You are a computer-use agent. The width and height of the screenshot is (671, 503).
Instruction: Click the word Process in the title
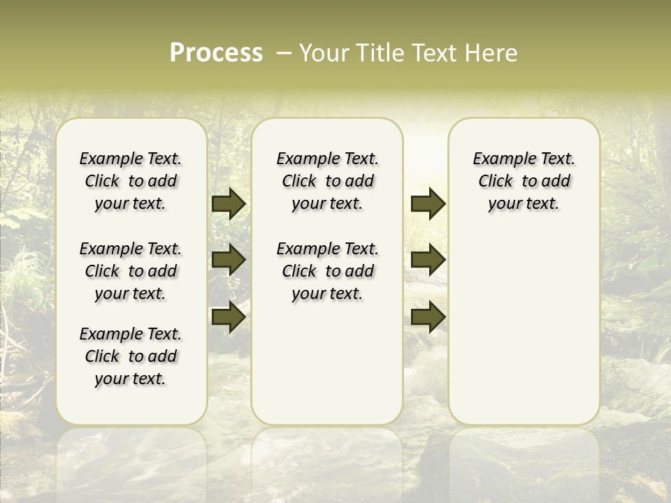[x=216, y=52]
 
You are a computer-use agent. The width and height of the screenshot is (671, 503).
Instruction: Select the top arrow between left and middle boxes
[x=228, y=204]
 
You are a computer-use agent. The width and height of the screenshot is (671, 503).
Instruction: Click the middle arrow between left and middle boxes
[x=228, y=260]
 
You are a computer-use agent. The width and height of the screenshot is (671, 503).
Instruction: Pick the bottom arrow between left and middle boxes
[x=228, y=316]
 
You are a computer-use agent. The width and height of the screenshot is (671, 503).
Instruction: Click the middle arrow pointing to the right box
[x=428, y=260]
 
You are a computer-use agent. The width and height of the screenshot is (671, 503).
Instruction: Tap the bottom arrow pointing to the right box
[x=428, y=316]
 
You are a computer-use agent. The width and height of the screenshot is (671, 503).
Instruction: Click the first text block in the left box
[x=131, y=181]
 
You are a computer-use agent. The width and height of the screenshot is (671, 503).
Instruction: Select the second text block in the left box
[x=131, y=271]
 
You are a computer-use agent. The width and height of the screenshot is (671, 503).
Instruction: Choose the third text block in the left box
[x=131, y=356]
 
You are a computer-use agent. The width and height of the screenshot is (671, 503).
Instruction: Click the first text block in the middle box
[x=327, y=181]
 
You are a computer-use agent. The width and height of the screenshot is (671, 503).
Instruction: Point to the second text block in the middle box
[x=327, y=271]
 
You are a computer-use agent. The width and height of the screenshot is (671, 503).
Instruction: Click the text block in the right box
[x=524, y=181]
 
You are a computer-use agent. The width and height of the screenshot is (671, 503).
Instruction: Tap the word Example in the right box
[x=501, y=159]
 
